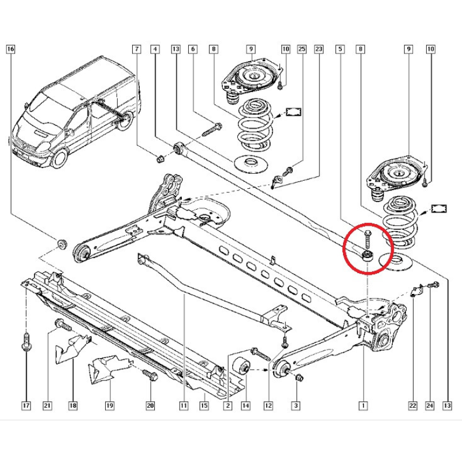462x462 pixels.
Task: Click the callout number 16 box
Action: point(11,50)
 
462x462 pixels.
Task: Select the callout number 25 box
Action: point(301,50)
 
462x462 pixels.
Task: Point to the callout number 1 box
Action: point(363,406)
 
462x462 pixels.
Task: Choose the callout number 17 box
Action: point(26,406)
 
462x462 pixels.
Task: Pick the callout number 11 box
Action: point(183,406)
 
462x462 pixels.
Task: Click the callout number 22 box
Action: point(413,406)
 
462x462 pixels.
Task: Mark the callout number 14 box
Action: point(245,406)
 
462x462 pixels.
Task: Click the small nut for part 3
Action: point(299,378)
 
